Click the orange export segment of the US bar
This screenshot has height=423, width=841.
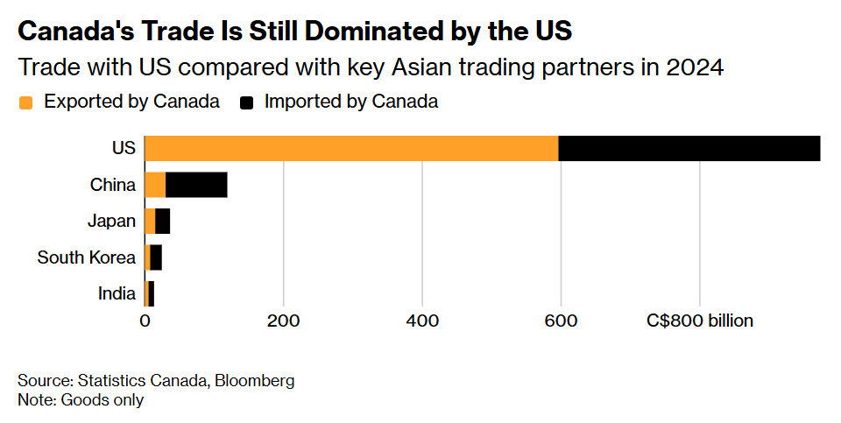(350, 149)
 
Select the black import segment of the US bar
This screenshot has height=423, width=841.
(689, 149)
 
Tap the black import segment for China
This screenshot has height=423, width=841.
(196, 185)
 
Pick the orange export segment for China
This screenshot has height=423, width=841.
(155, 185)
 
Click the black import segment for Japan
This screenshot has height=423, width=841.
(163, 222)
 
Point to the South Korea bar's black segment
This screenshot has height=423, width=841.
(157, 257)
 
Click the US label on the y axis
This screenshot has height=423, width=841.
(124, 149)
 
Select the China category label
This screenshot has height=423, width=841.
(113, 185)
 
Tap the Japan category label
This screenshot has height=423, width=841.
(112, 222)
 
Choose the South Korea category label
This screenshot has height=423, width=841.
(87, 257)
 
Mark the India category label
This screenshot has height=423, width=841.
(117, 293)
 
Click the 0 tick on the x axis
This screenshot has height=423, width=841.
(145, 321)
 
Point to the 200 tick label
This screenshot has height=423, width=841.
(283, 321)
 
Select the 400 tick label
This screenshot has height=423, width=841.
(422, 321)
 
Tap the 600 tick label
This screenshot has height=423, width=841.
(561, 321)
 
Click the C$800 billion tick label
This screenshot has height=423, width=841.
(700, 321)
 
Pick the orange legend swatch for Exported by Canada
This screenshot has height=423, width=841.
(26, 102)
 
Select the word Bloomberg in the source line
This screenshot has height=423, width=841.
(254, 381)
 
